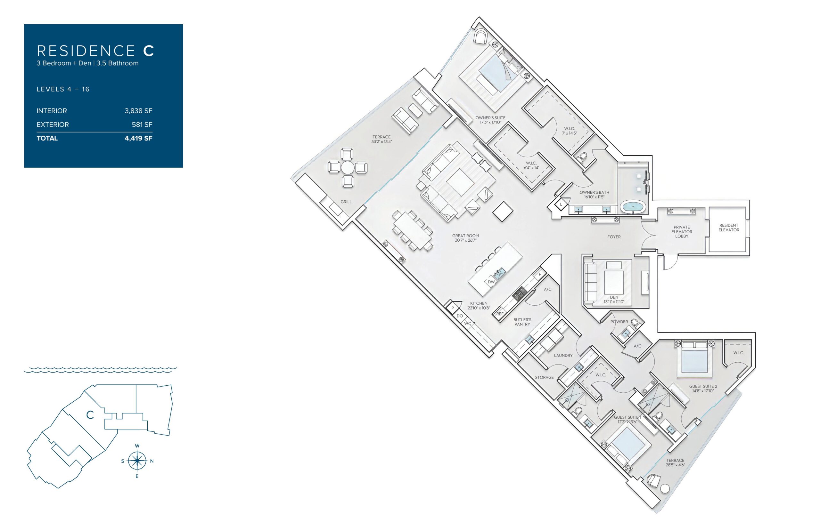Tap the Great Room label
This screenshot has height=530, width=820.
[466, 236]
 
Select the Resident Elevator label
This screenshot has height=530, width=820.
[729, 228]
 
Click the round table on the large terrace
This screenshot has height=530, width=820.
[348, 168]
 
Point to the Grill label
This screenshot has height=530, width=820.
[346, 202]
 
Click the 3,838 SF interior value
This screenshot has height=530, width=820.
[138, 111]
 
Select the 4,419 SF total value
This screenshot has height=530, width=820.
[138, 138]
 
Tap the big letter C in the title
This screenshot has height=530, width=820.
[148, 51]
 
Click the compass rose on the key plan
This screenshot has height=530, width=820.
[137, 461]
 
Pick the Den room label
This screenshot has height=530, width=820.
[614, 297]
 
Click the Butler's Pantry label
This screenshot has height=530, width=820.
[522, 322]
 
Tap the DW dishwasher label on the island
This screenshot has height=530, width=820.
[491, 282]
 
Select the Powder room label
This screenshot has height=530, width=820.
[619, 322]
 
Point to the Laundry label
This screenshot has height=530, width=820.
[563, 356]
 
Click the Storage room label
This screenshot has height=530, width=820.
[544, 377]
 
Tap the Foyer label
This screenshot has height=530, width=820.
[614, 237]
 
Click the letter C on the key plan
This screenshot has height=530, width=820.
[90, 415]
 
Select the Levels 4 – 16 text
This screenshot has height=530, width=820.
[63, 89]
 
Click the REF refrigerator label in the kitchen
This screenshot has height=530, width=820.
[500, 314]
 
